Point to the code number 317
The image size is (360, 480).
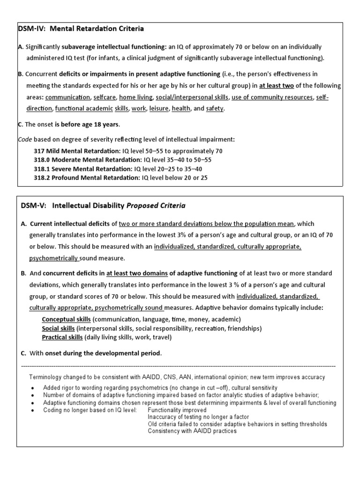[x=39, y=151]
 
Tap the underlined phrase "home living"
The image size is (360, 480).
[x=136, y=97]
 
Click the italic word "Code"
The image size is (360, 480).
[x=25, y=140]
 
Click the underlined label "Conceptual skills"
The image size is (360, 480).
[x=66, y=319]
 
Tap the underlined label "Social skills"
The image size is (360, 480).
[x=58, y=328]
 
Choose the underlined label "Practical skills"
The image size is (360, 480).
[x=62, y=337]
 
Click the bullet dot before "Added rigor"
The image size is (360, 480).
[x=31, y=388]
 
